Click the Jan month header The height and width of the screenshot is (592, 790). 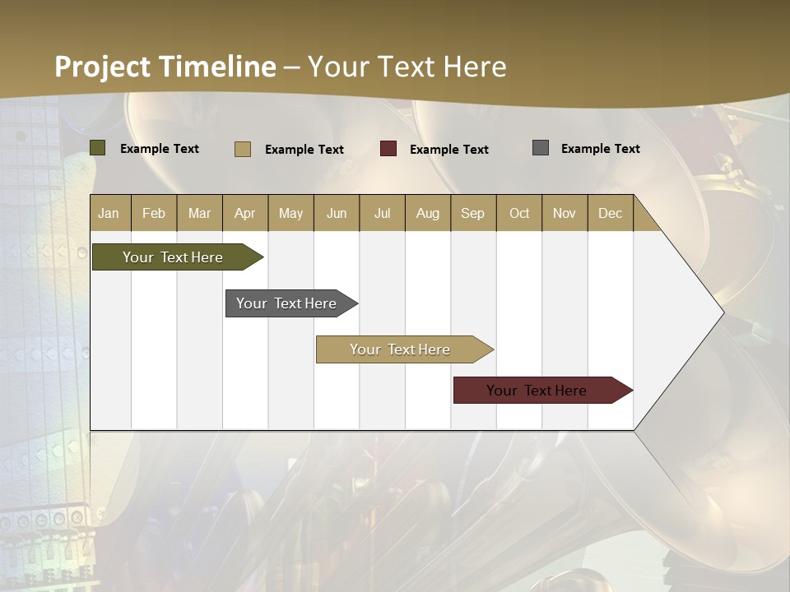(109, 213)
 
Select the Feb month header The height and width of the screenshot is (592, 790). (154, 213)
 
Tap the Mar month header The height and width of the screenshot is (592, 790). (199, 213)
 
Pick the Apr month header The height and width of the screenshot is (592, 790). (245, 213)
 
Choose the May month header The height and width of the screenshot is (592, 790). (290, 213)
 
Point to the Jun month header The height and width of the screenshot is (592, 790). (337, 213)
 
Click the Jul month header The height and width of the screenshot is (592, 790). (382, 213)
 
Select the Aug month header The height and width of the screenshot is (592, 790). (428, 213)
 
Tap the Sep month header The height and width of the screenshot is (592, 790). (473, 213)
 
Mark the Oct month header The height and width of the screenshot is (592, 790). (519, 213)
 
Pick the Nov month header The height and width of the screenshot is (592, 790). (565, 213)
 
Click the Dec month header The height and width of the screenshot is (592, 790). (611, 213)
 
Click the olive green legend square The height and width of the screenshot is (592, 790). (98, 148)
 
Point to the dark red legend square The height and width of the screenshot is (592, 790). (388, 149)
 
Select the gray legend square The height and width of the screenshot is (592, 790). (541, 148)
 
